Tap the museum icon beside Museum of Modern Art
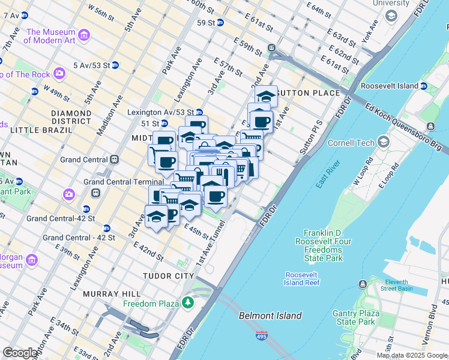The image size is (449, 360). [84, 36]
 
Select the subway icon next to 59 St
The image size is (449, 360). [220, 23]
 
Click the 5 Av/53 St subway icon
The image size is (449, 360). [115, 65]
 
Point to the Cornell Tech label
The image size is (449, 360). [351, 143]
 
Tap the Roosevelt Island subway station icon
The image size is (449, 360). [424, 86]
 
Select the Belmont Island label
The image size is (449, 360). [270, 316]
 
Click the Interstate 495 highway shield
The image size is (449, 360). [261, 337]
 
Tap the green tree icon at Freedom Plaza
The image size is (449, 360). [188, 303]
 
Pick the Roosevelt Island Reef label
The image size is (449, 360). [303, 278]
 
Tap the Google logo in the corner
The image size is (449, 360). [20, 353]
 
